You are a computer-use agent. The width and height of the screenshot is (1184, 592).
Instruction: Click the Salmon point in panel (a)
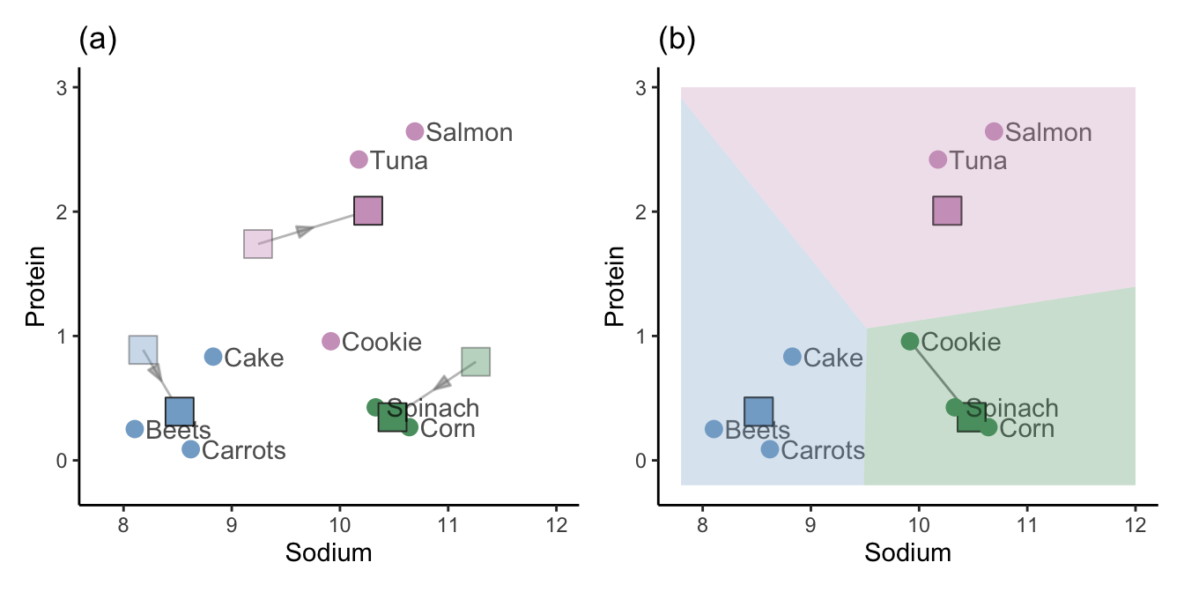point(415,131)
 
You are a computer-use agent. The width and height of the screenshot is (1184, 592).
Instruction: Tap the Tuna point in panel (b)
point(937,159)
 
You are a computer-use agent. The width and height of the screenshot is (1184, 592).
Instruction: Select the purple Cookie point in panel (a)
point(330,341)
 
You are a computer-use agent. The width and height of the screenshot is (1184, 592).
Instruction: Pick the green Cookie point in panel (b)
point(910,341)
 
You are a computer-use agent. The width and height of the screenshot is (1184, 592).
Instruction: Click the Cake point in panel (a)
point(213,357)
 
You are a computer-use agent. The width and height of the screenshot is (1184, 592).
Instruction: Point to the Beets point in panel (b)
point(714,429)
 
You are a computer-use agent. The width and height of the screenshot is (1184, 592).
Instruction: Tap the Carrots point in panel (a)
point(191,449)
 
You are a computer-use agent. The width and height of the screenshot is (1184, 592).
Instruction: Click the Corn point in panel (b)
point(988,427)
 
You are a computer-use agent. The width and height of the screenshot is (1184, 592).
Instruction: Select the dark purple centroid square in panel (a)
point(367,211)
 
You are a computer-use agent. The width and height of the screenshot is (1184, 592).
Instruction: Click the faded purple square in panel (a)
point(258,243)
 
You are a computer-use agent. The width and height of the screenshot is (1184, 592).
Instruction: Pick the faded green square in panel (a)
point(476,361)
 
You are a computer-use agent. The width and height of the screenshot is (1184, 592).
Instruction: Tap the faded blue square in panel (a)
point(144,350)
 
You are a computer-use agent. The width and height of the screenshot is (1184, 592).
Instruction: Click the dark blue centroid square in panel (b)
point(758,411)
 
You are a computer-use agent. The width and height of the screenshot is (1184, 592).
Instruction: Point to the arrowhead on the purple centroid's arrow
point(305,231)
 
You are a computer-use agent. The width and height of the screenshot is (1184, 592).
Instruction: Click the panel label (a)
point(98,41)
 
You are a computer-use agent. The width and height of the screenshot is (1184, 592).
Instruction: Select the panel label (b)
point(677,41)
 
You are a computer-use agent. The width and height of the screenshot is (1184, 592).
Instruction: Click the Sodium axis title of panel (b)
point(907,553)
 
